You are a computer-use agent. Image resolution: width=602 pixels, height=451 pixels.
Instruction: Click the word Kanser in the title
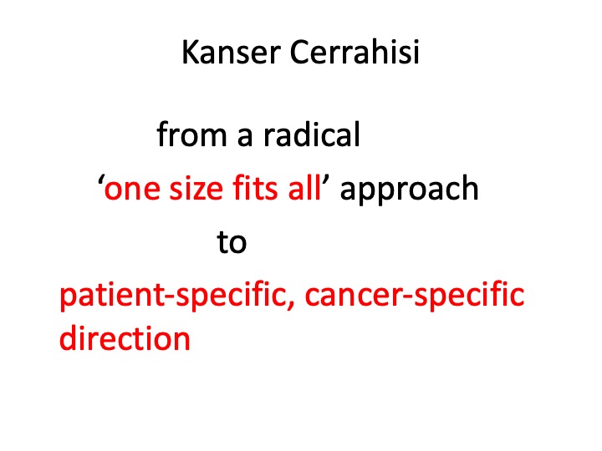pos(231,52)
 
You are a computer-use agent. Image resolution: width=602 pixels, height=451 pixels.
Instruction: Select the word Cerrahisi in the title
pos(355,52)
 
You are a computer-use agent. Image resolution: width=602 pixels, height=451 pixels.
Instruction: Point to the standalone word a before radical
pos(245,137)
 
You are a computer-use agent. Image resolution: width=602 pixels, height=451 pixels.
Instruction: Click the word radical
pos(312,134)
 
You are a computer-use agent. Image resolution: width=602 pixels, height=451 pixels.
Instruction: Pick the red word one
pos(132,190)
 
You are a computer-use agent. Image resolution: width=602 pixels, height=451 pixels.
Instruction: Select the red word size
pos(196,188)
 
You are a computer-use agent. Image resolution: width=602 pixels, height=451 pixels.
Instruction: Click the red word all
pos(304,187)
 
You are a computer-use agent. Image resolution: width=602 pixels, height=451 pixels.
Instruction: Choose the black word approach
pos(409,189)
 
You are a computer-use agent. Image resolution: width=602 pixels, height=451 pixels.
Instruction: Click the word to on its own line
pos(232,242)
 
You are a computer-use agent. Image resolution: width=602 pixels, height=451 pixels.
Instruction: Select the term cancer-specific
pos(415,295)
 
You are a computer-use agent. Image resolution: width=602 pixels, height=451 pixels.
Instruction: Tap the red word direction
pos(125,337)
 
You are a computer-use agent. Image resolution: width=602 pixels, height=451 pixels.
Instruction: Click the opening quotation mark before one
pos(101,180)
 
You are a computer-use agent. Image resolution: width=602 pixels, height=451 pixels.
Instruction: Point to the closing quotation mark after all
pos(325,180)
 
